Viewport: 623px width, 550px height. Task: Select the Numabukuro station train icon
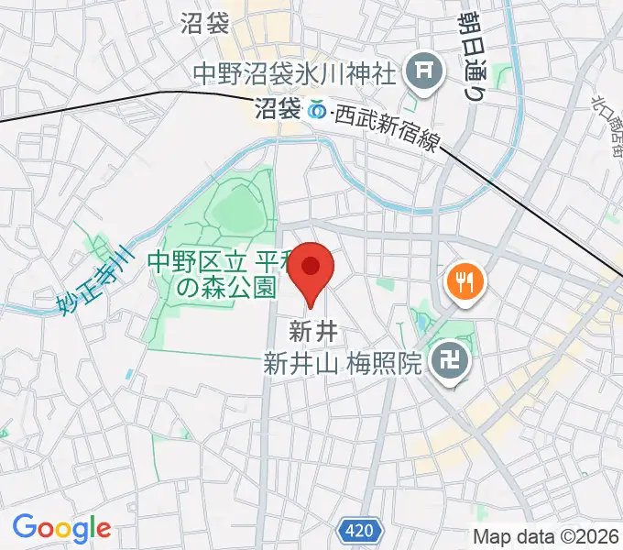317,109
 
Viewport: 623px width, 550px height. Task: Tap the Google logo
61,528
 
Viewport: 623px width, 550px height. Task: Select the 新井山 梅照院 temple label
342,364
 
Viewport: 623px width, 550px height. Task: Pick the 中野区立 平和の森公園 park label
213,273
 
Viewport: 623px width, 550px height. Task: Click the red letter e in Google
103,530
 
